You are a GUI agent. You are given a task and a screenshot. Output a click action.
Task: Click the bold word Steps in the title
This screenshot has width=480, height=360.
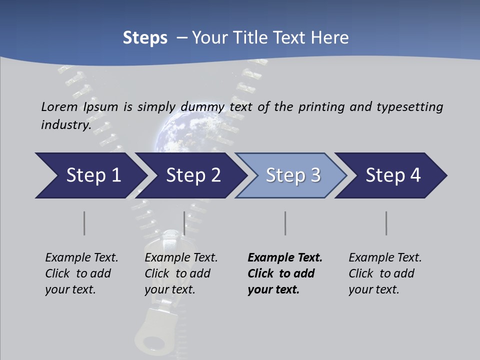tap(145, 38)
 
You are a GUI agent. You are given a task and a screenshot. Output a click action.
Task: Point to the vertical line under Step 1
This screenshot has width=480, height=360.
tap(84, 223)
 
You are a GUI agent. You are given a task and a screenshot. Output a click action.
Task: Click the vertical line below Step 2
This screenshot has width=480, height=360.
tap(184, 223)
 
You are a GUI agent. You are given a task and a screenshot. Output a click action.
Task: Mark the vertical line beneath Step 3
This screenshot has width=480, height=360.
tap(285, 223)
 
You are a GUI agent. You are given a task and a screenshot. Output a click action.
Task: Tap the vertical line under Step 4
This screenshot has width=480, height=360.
tap(386, 223)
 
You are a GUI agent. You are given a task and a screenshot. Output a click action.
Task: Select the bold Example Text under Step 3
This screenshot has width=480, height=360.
tap(285, 257)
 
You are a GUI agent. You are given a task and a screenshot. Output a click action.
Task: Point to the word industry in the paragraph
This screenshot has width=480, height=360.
tap(65, 124)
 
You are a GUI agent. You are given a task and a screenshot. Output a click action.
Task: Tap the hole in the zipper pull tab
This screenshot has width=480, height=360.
tap(154, 344)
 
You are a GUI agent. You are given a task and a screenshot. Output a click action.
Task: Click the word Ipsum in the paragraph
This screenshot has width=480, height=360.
tap(101, 106)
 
